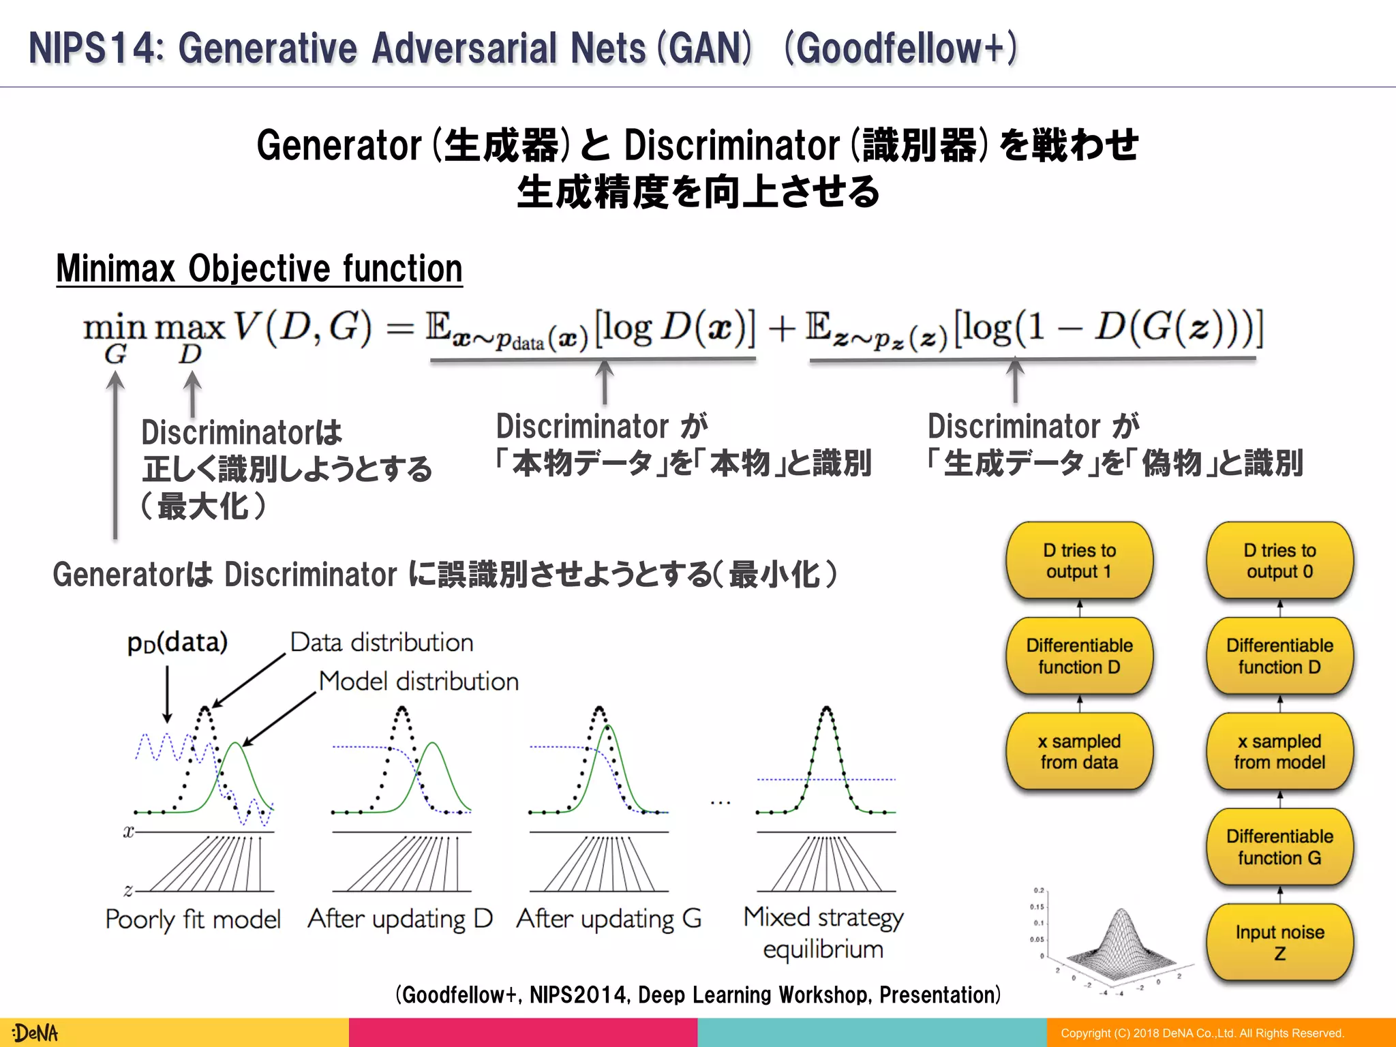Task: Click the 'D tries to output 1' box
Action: pyautogui.click(x=1079, y=560)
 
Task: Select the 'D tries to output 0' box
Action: pyautogui.click(x=1279, y=560)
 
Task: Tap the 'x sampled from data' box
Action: pyautogui.click(x=1079, y=751)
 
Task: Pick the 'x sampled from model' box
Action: pyautogui.click(x=1279, y=751)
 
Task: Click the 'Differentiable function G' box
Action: pyautogui.click(x=1279, y=847)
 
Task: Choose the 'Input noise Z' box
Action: pyautogui.click(x=1279, y=942)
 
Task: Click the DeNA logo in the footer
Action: pyautogui.click(x=35, y=1033)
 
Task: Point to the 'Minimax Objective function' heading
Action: pyautogui.click(x=259, y=269)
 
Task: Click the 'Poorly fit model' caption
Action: pyautogui.click(x=193, y=920)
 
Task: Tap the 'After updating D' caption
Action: pyautogui.click(x=400, y=919)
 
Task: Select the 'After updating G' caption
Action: pyautogui.click(x=609, y=919)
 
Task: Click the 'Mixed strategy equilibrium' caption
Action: pyautogui.click(x=823, y=932)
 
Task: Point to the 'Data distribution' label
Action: pyautogui.click(x=382, y=642)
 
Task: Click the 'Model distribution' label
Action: pyautogui.click(x=419, y=681)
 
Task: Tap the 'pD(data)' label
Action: pyautogui.click(x=177, y=642)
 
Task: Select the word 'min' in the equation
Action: pyautogui.click(x=115, y=329)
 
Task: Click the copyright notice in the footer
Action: pyautogui.click(x=1202, y=1033)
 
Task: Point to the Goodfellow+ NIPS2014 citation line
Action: pyautogui.click(x=698, y=995)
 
